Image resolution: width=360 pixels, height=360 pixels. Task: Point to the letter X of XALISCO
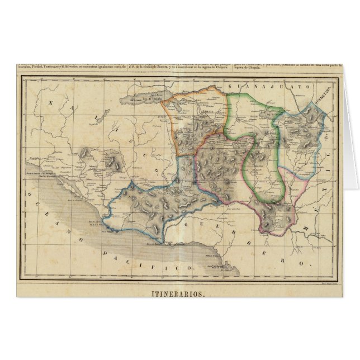51,103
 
